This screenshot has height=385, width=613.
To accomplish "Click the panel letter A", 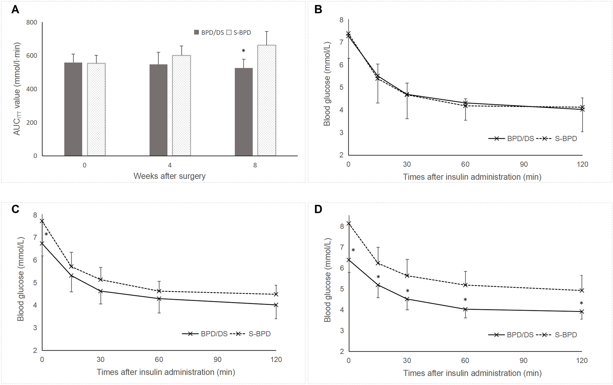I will pyautogui.click(x=15, y=10).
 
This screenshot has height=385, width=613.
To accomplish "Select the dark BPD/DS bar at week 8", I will pyautogui.click(x=244, y=112).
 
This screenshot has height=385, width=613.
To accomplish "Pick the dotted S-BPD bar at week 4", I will pyautogui.click(x=181, y=106).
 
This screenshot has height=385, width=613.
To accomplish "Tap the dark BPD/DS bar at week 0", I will pyautogui.click(x=73, y=109).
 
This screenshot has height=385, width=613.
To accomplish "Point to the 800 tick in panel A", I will pyautogui.click(x=32, y=22).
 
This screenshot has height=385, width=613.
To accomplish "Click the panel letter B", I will pyautogui.click(x=318, y=10).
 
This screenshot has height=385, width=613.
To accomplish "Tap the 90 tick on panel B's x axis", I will pyautogui.click(x=524, y=164).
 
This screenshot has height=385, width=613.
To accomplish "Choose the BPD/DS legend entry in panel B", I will pyautogui.click(x=512, y=139).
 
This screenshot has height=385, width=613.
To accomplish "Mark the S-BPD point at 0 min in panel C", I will pyautogui.click(x=42, y=221).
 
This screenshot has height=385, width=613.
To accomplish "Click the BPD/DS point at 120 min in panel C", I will pyautogui.click(x=276, y=305).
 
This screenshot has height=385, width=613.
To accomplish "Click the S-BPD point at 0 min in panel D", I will pyautogui.click(x=348, y=224).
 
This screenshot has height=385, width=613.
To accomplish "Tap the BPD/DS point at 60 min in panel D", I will pyautogui.click(x=465, y=309).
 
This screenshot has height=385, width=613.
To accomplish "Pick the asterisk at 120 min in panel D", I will pyautogui.click(x=581, y=303).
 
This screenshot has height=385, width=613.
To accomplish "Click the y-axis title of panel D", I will pyautogui.click(x=327, y=280).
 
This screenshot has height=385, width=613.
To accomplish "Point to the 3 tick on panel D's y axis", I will pyautogui.click(x=342, y=331).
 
